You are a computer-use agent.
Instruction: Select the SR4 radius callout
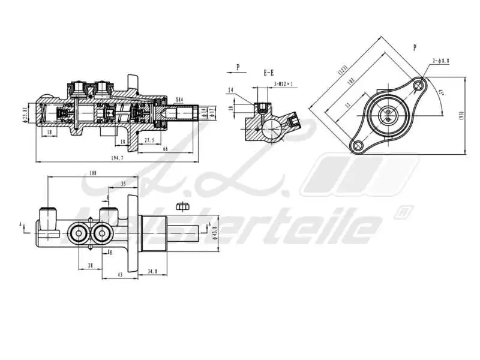point(179,100)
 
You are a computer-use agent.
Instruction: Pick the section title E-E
point(269,73)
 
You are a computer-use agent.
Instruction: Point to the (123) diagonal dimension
point(342,70)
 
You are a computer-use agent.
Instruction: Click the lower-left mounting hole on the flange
point(358,145)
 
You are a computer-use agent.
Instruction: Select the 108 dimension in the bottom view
point(92,173)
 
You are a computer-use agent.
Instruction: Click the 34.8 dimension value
point(152,272)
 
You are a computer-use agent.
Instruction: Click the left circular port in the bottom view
point(79,233)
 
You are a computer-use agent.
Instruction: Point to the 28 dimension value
point(91,265)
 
